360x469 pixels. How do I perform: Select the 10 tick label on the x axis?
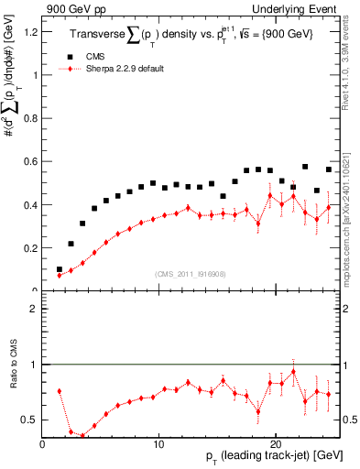point(159,443)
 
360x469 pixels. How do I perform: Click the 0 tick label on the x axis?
point(42,443)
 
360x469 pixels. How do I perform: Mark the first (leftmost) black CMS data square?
point(60,269)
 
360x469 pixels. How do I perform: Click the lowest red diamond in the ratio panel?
point(82,436)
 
